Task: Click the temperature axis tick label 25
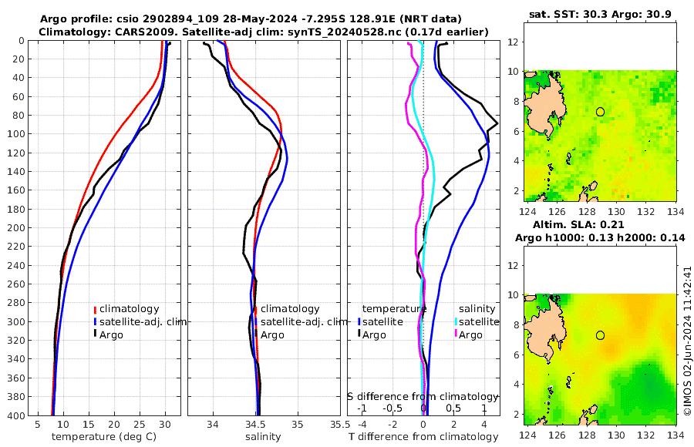click(139, 424)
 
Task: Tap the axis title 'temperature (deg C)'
click(103, 437)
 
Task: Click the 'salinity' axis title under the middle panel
click(263, 437)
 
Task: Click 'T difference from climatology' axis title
click(423, 437)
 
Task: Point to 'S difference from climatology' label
click(423, 396)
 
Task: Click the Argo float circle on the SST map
click(600, 112)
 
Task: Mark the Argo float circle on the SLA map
click(600, 334)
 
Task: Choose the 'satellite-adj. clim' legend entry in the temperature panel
click(143, 321)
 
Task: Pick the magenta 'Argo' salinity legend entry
click(470, 334)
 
